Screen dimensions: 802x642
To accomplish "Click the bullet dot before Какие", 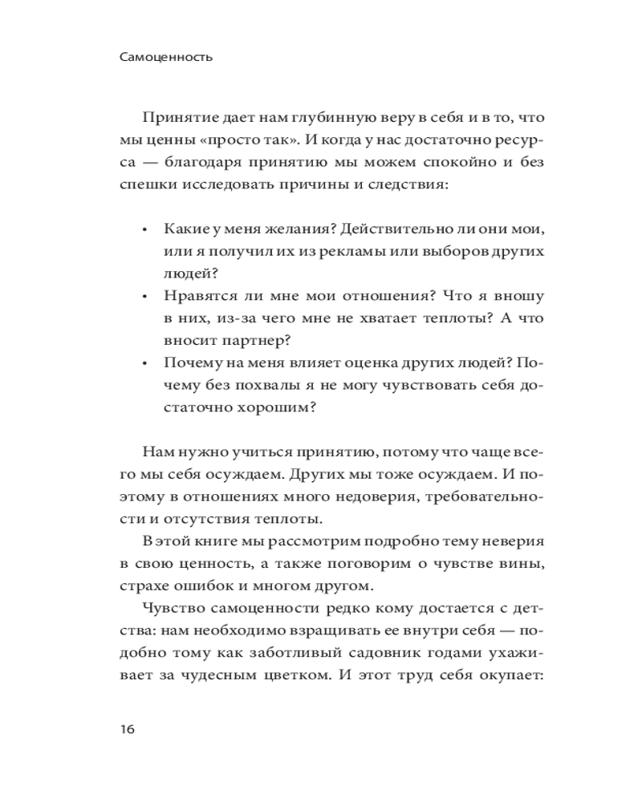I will point(145,230).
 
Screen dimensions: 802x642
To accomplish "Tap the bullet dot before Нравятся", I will point(145,297).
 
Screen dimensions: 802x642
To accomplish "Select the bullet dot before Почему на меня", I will point(145,363).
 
